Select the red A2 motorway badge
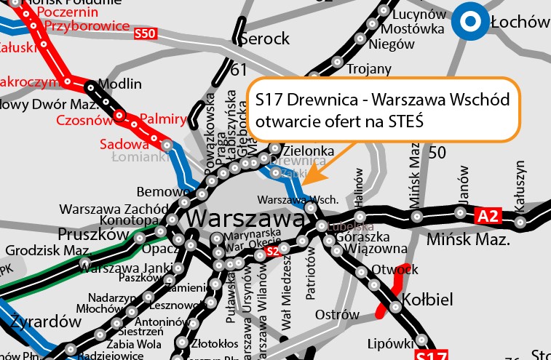tap(488, 216)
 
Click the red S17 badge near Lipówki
tap(429, 355)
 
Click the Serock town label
tap(264, 39)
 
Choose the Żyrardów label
tap(45, 321)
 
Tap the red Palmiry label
tap(163, 117)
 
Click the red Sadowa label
tap(124, 144)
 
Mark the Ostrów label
tap(338, 315)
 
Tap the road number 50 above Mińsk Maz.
tap(437, 152)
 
